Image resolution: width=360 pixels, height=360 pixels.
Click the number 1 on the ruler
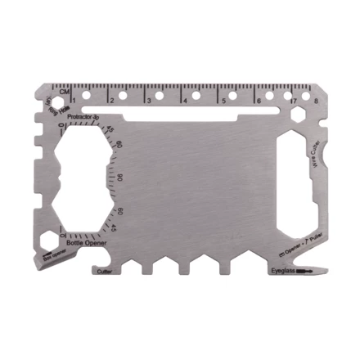click(x=74, y=101)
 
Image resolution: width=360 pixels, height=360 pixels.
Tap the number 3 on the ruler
click(x=148, y=101)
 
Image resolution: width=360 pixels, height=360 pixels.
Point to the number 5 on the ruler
click(x=222, y=101)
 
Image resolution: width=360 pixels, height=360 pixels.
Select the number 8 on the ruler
click(x=315, y=101)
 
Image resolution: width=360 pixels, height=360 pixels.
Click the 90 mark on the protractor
click(x=119, y=178)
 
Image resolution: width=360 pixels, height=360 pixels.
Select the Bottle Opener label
click(x=87, y=243)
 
